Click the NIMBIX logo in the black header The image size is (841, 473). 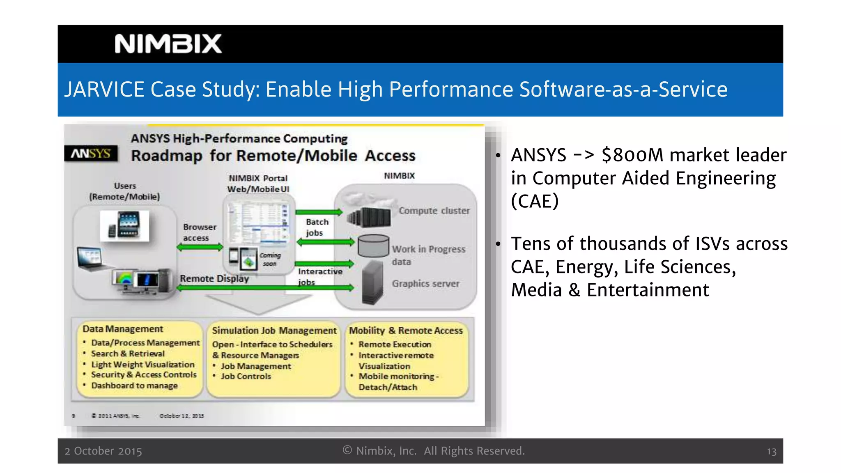pyautogui.click(x=168, y=44)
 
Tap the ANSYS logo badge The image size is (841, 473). pyautogui.click(x=91, y=154)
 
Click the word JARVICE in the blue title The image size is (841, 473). pyautogui.click(x=104, y=90)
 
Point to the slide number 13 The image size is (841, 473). pyautogui.click(x=771, y=452)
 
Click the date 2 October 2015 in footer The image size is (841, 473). pyautogui.click(x=103, y=451)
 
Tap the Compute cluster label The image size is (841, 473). pyautogui.click(x=434, y=211)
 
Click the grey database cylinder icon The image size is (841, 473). pyautogui.click(x=373, y=246)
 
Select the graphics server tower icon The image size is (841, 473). pyautogui.click(x=372, y=282)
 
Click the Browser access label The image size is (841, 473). pyautogui.click(x=199, y=232)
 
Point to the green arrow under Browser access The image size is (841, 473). pyautogui.click(x=200, y=247)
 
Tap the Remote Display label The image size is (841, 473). pyautogui.click(x=214, y=278)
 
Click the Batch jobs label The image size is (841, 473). pyautogui.click(x=317, y=227)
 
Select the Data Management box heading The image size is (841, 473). pyautogui.click(x=123, y=329)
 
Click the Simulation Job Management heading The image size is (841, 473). pyautogui.click(x=274, y=331)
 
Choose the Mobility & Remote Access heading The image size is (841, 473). pyautogui.click(x=406, y=331)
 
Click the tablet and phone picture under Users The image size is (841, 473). pyautogui.click(x=124, y=225)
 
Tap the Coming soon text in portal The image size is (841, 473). pyautogui.click(x=270, y=259)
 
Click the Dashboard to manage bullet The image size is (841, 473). pyautogui.click(x=134, y=386)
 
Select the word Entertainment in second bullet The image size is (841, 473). pyautogui.click(x=648, y=290)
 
